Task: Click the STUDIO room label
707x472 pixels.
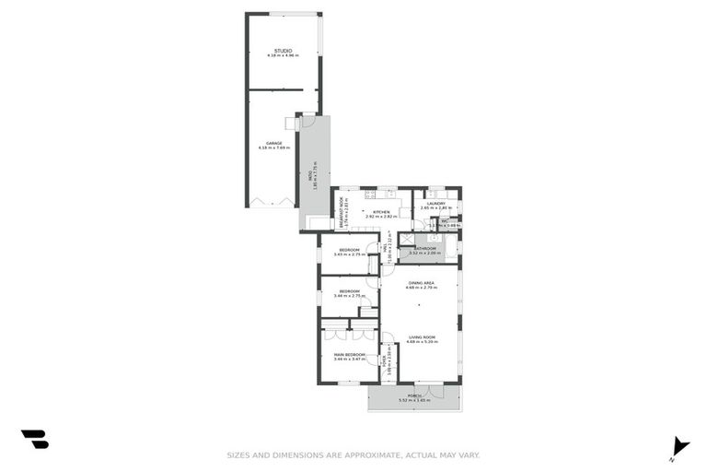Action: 283,50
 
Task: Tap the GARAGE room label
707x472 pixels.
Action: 274,143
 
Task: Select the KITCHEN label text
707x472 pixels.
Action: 382,212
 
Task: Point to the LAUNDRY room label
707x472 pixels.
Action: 436,204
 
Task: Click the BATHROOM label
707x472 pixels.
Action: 424,248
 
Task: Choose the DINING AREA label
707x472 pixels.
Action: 423,282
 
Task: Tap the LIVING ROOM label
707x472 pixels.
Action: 423,337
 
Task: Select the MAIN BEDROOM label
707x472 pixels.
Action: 349,354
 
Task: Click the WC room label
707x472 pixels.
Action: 444,221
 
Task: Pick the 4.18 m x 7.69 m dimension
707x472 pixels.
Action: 274,147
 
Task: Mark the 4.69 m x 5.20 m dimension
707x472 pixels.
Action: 423,342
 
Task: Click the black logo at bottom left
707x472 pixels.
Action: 35,439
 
